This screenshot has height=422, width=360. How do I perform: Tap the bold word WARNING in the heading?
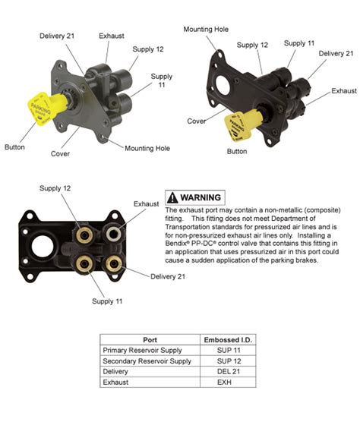(201, 197)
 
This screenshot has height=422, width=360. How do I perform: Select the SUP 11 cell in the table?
(229, 350)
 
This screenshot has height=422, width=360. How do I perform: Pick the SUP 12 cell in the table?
(229, 361)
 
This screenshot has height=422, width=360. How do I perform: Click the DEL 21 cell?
(229, 373)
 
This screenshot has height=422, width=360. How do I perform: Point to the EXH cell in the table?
(229, 384)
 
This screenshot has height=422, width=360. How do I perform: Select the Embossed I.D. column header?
(229, 339)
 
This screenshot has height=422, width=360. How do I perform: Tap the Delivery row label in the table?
(118, 373)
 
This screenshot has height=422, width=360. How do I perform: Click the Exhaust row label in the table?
(118, 384)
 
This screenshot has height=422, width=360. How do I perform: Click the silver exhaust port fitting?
(115, 233)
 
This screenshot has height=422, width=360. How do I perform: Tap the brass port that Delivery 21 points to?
(115, 262)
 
